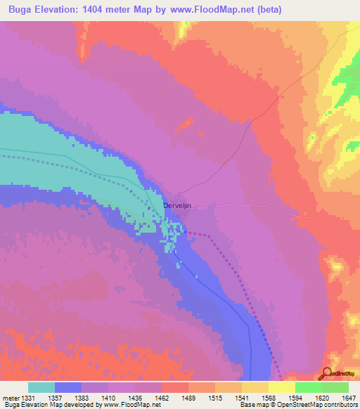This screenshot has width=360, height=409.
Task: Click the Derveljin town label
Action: pyautogui.click(x=177, y=205)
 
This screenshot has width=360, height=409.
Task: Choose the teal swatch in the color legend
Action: pyautogui.click(x=41, y=387)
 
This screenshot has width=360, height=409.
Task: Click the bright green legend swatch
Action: pyautogui.click(x=309, y=387)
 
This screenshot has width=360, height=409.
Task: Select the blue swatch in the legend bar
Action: pyautogui.click(x=68, y=387)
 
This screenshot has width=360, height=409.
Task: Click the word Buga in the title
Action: pyautogui.click(x=22, y=10)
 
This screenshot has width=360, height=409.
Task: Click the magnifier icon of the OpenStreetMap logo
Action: pyautogui.click(x=326, y=374)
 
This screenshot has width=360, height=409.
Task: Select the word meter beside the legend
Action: pyautogui.click(x=12, y=397)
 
